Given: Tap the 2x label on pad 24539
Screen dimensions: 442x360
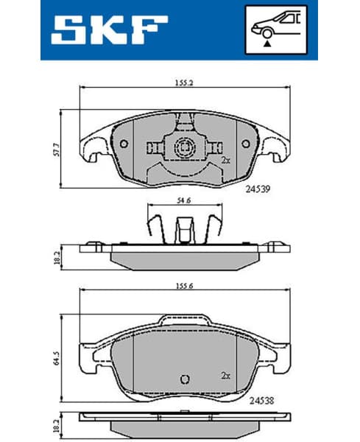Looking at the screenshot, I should pos(225,159).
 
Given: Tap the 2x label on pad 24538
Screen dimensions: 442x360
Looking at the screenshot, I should pos(225,374).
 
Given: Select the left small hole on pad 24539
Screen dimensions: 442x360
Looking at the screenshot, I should pos(124,144).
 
